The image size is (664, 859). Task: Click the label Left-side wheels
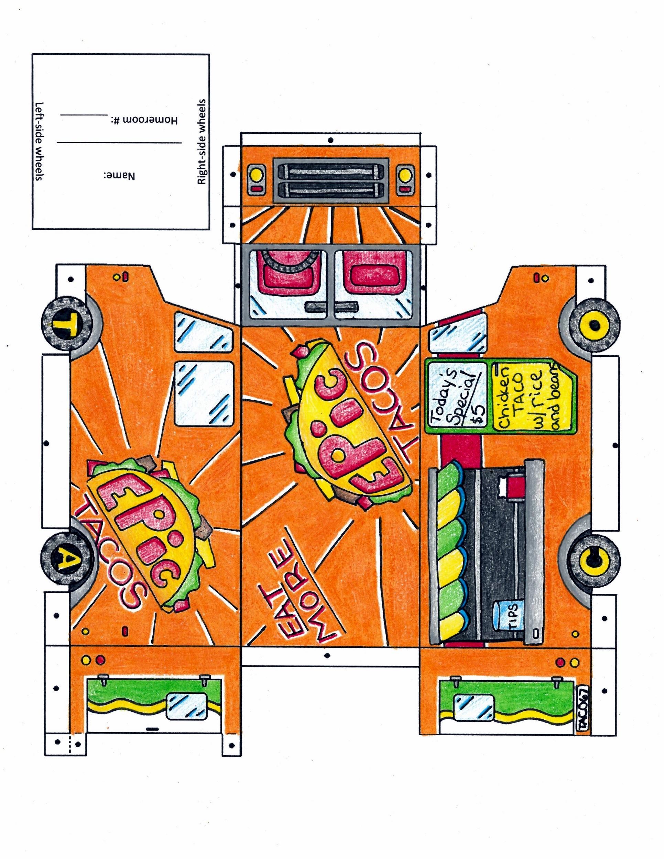(x=39, y=142)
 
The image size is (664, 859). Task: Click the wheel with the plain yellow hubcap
(x=594, y=326)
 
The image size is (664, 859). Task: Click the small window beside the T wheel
(x=204, y=332)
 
